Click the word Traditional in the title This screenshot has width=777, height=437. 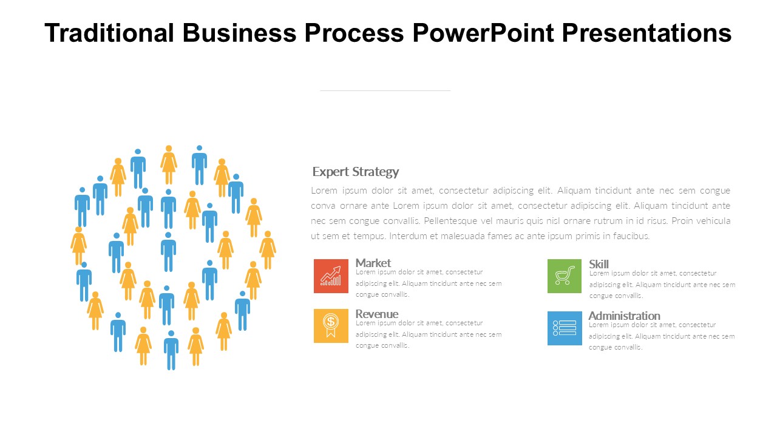tap(109, 33)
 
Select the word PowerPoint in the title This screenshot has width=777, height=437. tap(483, 33)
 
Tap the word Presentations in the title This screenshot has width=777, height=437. tap(646, 33)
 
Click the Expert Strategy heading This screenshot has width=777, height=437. tap(356, 172)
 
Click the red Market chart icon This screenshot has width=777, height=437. tap(331, 276)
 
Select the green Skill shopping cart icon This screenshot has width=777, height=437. tap(565, 276)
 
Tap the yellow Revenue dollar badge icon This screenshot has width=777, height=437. tap(331, 326)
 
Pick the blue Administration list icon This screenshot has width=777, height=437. tap(565, 328)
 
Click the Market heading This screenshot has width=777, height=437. tap(373, 263)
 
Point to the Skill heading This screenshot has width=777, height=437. tap(599, 264)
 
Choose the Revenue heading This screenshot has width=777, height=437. tap(377, 314)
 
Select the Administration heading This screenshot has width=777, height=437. tap(625, 316)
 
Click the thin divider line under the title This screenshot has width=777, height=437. tap(385, 90)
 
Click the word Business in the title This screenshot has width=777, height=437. tap(239, 33)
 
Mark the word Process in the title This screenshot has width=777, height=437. tap(354, 33)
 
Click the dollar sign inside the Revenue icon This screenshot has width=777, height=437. tap(331, 322)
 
